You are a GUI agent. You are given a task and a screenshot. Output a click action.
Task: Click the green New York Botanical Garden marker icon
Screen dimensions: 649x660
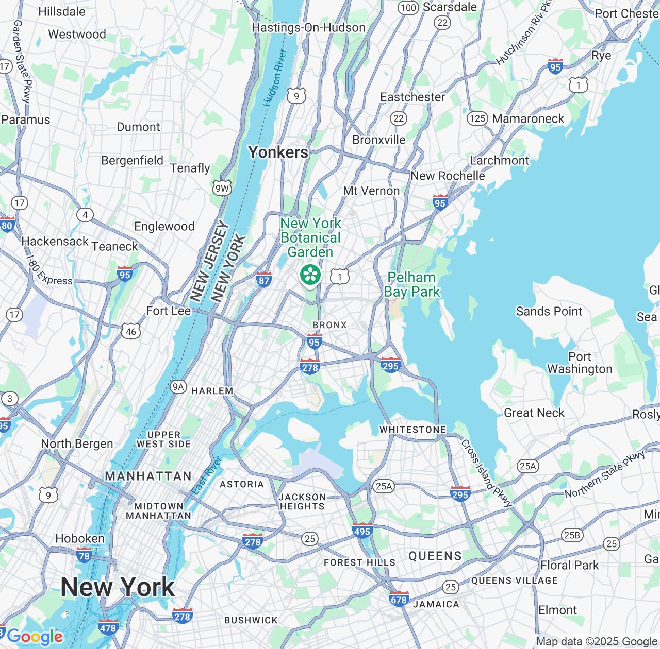[x=310, y=275]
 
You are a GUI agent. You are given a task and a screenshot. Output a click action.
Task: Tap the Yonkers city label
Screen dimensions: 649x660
[x=278, y=152]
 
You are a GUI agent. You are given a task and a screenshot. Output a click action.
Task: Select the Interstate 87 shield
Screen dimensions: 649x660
[x=263, y=279]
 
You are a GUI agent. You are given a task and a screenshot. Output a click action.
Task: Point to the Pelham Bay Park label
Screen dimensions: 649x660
[x=412, y=284]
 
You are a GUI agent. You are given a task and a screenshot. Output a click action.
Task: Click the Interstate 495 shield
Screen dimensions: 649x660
[x=362, y=530]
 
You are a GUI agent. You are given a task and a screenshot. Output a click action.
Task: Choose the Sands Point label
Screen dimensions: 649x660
[x=549, y=311]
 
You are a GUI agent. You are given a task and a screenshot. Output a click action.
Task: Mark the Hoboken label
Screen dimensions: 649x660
[x=80, y=538]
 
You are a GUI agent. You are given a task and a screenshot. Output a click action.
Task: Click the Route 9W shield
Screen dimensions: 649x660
[x=222, y=188]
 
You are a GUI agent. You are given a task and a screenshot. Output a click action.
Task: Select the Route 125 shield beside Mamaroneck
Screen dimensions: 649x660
[x=477, y=118]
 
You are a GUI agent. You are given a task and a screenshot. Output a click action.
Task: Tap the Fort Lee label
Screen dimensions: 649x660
[x=168, y=311]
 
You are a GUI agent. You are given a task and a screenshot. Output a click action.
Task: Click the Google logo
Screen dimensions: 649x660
[x=35, y=637]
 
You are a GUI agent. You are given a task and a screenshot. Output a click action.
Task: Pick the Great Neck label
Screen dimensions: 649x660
[x=534, y=413]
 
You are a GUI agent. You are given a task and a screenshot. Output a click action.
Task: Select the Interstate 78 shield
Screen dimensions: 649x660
[x=84, y=555]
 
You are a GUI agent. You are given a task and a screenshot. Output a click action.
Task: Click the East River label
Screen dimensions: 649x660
[x=206, y=476]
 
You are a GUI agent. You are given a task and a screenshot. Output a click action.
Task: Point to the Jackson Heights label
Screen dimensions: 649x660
[x=302, y=501]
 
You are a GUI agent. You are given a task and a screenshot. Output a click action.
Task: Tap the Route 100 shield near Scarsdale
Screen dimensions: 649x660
[x=408, y=7]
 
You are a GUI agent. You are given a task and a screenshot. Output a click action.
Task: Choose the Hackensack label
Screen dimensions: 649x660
[x=55, y=241]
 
